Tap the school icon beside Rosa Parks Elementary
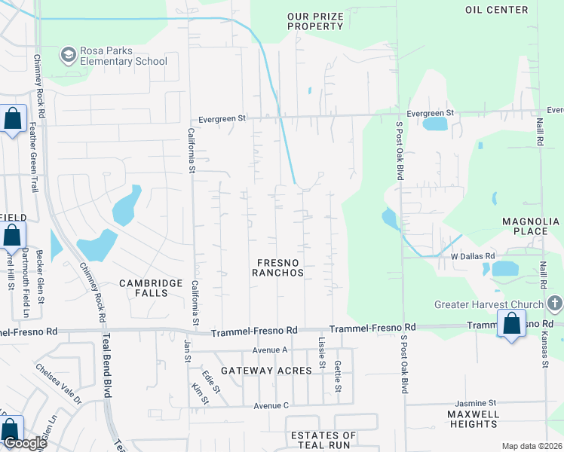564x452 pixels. (68, 55)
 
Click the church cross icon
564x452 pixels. (555, 304)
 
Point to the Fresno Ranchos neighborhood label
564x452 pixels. (279, 267)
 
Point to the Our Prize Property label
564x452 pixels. (315, 21)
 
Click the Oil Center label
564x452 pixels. (496, 10)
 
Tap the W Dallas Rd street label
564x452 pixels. (472, 255)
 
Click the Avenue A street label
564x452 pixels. (270, 350)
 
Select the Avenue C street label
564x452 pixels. (271, 406)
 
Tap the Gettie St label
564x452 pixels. (338, 380)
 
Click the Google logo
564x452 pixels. (24, 443)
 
